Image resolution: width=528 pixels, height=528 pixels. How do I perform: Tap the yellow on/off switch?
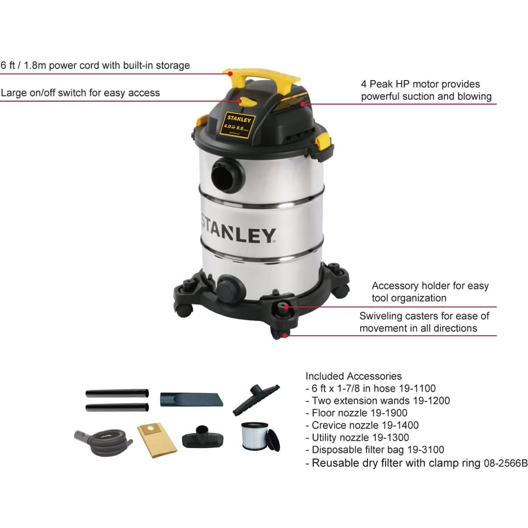pyautogui.click(x=248, y=102)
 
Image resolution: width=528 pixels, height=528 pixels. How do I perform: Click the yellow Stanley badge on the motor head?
pyautogui.click(x=238, y=125)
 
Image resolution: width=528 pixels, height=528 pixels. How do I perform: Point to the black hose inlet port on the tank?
pyautogui.click(x=227, y=175)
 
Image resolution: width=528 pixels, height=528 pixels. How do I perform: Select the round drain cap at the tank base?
pyautogui.click(x=230, y=289)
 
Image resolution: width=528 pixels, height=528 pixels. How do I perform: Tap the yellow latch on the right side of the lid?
pyautogui.click(x=323, y=142)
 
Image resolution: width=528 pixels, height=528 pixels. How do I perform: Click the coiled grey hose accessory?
pyautogui.click(x=103, y=441)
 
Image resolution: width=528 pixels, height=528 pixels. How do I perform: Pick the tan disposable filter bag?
pyautogui.click(x=157, y=440)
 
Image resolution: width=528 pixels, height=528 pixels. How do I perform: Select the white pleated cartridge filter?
pyautogui.click(x=255, y=436)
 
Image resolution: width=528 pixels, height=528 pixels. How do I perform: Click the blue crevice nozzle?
pyautogui.click(x=191, y=399)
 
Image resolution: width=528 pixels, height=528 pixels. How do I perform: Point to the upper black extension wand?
pyautogui.click(x=117, y=393)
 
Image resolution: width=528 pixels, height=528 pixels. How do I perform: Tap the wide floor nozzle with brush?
pyautogui.click(x=256, y=400)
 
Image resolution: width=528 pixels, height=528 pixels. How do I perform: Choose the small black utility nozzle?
pyautogui.click(x=203, y=437)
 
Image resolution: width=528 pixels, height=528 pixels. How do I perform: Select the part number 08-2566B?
pyautogui.click(x=506, y=464)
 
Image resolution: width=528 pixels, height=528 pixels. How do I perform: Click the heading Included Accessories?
pyautogui.click(x=354, y=376)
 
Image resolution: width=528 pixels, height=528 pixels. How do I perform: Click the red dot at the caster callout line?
pyautogui.click(x=285, y=335)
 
